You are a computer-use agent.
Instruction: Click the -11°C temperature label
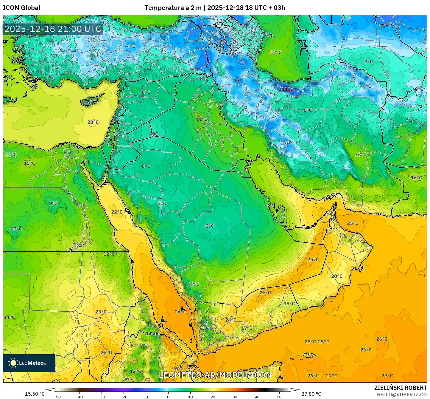click(287, 89)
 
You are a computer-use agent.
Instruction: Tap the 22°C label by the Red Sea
click(117, 212)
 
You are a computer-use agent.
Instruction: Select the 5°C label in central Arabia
click(210, 226)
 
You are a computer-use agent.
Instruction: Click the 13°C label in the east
click(361, 154)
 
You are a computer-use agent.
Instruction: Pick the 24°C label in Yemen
click(231, 320)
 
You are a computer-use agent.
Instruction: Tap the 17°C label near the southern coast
click(247, 328)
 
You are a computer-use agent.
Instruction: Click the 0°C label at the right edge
click(419, 89)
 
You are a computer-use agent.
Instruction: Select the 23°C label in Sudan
click(101, 312)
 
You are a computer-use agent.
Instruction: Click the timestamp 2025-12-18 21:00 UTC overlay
click(53, 29)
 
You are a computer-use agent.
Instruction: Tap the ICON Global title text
click(22, 8)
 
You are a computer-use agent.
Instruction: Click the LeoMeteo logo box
click(29, 363)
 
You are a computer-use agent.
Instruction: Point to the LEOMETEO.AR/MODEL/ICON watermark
click(215, 375)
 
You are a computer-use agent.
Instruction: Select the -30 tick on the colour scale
click(102, 397)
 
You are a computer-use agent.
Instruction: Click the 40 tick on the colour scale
click(257, 397)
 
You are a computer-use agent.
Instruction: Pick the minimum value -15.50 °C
click(34, 394)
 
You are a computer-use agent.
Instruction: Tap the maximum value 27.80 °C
click(311, 394)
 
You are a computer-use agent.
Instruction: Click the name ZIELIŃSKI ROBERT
click(401, 388)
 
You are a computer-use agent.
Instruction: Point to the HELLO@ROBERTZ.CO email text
click(402, 394)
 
